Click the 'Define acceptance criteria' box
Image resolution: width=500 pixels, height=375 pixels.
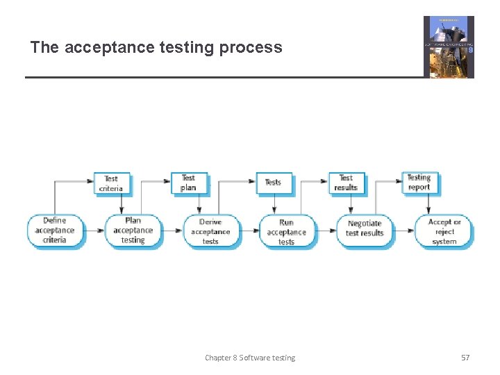(55, 231)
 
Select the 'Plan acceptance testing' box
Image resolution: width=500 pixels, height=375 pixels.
(133, 231)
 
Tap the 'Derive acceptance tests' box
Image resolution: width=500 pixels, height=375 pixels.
(210, 231)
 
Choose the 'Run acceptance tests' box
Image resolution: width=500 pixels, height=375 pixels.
(287, 232)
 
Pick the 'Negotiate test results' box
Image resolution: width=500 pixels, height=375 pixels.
(365, 228)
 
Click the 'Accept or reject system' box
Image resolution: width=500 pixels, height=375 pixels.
(444, 231)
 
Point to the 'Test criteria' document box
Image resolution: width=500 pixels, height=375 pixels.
(111, 183)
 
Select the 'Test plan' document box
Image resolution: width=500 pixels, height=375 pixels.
(188, 183)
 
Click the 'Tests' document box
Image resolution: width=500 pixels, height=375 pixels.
(274, 183)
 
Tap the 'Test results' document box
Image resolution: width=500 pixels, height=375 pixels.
(346, 183)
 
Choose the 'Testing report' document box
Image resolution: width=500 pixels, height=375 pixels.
(419, 182)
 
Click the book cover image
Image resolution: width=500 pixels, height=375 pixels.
(449, 47)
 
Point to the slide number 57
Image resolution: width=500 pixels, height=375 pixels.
(465, 358)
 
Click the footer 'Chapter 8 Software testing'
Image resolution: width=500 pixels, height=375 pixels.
(250, 358)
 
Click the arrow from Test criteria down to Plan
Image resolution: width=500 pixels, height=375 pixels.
(122, 204)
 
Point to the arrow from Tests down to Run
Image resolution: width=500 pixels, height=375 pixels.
(274, 204)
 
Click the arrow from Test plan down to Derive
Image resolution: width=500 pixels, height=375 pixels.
(199, 204)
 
